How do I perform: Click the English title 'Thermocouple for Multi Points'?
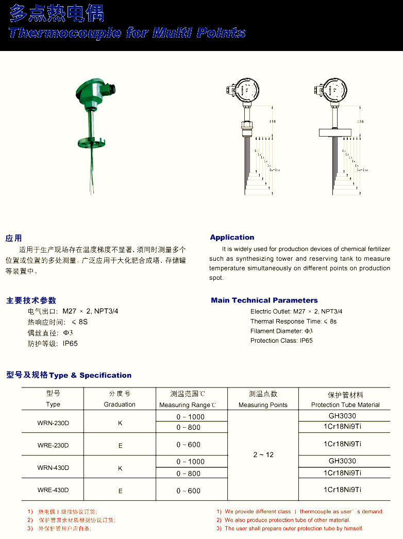tap(127, 33)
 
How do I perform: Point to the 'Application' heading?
tap(232, 238)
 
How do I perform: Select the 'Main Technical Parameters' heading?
tap(264, 300)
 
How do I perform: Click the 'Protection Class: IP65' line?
tap(281, 341)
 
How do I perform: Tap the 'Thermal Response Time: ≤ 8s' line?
tap(293, 322)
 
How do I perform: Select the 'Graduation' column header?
tap(120, 405)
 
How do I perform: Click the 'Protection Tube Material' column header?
tap(345, 405)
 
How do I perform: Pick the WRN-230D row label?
tap(53, 423)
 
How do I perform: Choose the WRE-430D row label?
tap(53, 491)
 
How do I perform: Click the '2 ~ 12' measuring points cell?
tap(263, 454)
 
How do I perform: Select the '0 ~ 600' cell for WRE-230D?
tap(189, 445)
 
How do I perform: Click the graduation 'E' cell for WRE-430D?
tap(121, 491)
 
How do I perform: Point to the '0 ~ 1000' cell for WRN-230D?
tap(190, 417)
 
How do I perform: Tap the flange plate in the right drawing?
tap(335, 132)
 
